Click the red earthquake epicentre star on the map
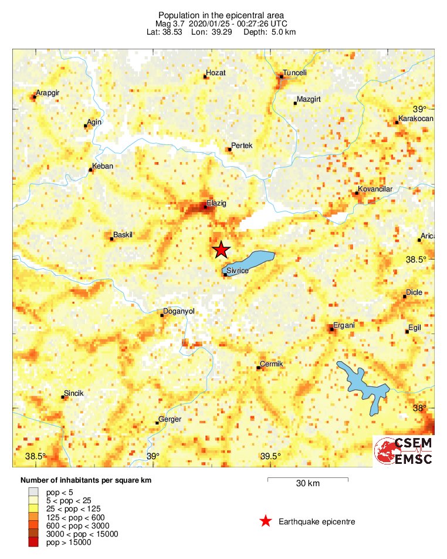click(x=221, y=250)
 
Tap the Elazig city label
click(x=216, y=203)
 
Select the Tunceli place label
click(x=294, y=73)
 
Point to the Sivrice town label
click(x=237, y=270)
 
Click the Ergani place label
click(x=344, y=325)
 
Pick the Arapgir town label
click(x=48, y=93)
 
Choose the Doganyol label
click(x=178, y=312)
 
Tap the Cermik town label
click(x=272, y=364)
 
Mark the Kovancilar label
click(x=375, y=189)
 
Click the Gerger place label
click(x=170, y=419)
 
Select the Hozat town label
click(x=215, y=73)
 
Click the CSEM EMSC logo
click(x=404, y=451)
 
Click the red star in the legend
click(x=265, y=521)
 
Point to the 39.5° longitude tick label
click(x=270, y=457)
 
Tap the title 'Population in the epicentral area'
click(x=221, y=14)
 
